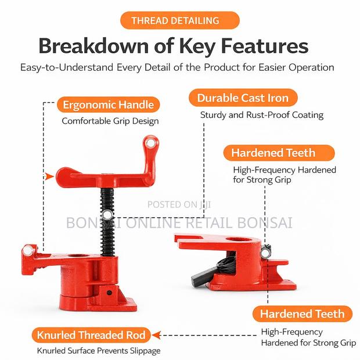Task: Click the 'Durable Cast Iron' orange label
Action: click(x=243, y=98)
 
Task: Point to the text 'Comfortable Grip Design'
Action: click(x=110, y=121)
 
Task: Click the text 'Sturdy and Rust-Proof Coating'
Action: click(x=261, y=114)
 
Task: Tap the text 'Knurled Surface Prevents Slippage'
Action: click(x=98, y=351)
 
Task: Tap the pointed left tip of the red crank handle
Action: click(x=59, y=174)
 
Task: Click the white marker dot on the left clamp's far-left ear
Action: click(x=27, y=251)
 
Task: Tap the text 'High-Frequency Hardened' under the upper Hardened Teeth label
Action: click(x=285, y=170)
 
